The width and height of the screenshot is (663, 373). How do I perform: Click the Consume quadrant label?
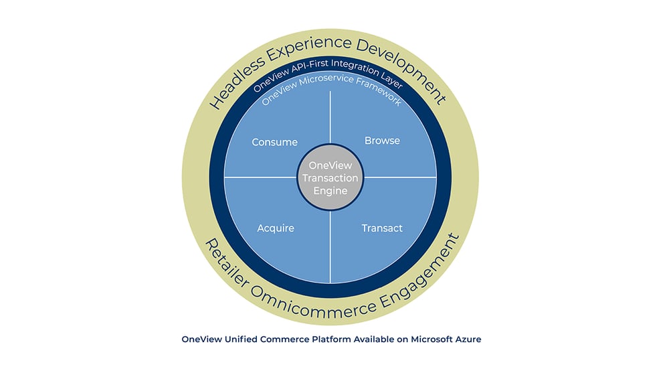point(275,142)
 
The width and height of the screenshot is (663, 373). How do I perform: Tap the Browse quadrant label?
point(382,141)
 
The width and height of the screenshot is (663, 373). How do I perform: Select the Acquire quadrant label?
point(276,228)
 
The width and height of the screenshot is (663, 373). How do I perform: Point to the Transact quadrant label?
point(382,228)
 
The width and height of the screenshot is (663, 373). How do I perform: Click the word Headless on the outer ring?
point(238,82)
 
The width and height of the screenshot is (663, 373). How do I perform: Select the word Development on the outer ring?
point(401,68)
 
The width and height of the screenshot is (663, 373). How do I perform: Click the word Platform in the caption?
point(331,340)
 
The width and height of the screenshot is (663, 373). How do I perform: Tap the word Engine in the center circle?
point(330,192)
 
